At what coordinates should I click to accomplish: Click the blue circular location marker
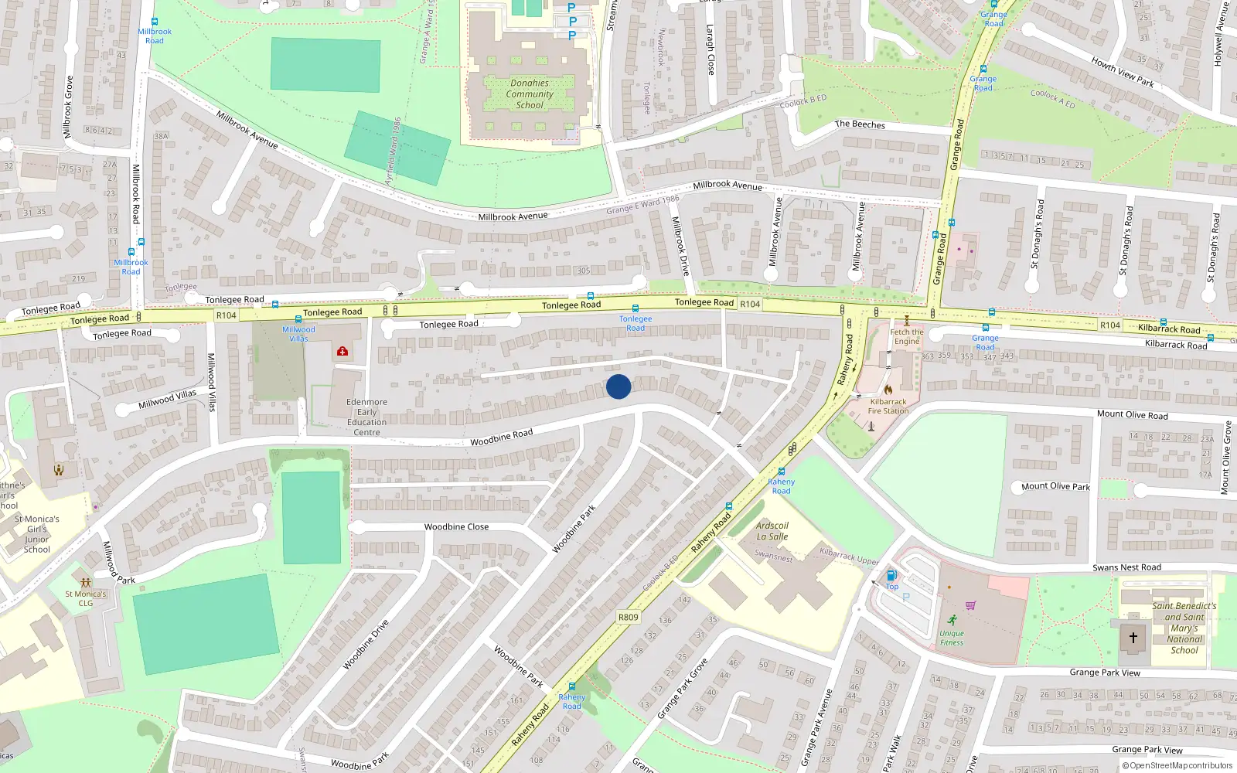pos(618,386)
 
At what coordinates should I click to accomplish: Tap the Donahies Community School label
pos(530,94)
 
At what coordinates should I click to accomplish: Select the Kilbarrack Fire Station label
pos(888,407)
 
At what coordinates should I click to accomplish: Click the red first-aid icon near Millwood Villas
pos(342,352)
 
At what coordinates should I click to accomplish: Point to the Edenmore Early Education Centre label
pos(366,417)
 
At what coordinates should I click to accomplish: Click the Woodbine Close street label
pos(456,527)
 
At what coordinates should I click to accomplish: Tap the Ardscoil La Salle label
pos(772,531)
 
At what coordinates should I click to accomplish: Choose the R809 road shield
pos(629,617)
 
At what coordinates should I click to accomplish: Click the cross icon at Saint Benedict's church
pos(1133,638)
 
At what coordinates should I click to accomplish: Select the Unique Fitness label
pos(952,638)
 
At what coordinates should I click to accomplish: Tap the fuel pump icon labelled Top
pos(891,575)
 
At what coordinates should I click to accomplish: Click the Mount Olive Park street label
pos(1055,486)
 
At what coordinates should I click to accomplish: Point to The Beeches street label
pos(860,124)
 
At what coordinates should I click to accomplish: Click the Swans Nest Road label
pos(1126,567)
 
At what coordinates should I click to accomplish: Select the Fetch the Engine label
pos(907,336)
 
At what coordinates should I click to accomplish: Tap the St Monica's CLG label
pos(86,598)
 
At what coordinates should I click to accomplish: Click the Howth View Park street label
pos(1123,72)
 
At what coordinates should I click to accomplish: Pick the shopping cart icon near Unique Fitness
pos(971,605)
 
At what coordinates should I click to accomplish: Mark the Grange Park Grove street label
pos(682,689)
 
